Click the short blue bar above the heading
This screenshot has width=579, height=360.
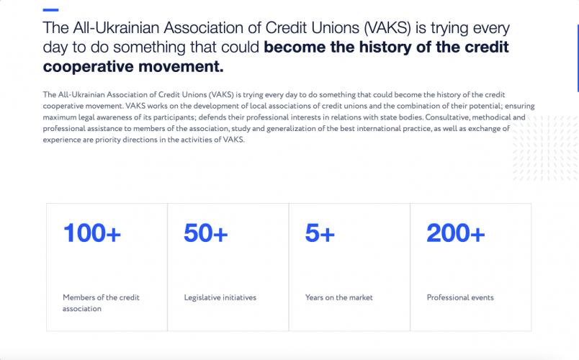(x=50, y=10)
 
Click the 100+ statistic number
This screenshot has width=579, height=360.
(x=92, y=233)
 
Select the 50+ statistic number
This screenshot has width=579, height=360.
(x=206, y=233)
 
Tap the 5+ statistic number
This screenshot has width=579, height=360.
(x=320, y=233)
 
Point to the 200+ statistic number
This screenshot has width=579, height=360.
(x=456, y=233)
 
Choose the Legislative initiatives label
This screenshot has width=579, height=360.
(x=220, y=297)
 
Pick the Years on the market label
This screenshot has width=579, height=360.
(x=339, y=297)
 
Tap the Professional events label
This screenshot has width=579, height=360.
(x=460, y=297)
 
